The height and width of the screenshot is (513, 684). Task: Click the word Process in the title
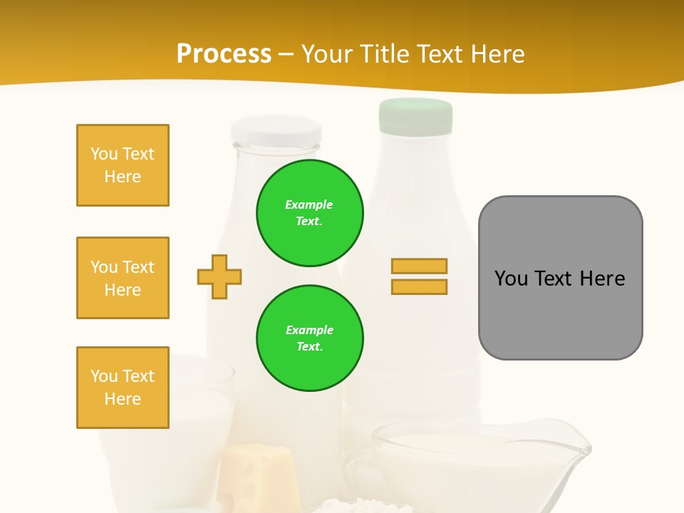click(x=224, y=53)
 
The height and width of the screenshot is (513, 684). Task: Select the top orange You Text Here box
click(x=123, y=165)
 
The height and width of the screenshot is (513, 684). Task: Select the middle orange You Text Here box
click(x=123, y=278)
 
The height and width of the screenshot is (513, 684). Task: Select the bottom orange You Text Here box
click(x=123, y=388)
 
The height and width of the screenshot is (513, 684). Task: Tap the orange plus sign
click(x=219, y=276)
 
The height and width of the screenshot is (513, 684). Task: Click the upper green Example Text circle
click(x=310, y=212)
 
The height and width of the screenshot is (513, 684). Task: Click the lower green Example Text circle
click(x=310, y=338)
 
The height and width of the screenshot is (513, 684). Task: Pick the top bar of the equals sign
click(x=419, y=266)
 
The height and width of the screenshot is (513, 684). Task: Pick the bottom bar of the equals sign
click(x=419, y=287)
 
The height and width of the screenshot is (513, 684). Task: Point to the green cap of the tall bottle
click(x=416, y=116)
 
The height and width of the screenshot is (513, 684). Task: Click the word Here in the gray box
click(x=602, y=279)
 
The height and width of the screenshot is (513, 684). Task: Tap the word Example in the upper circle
click(x=309, y=204)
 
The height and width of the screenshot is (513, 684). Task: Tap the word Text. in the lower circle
click(x=309, y=346)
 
